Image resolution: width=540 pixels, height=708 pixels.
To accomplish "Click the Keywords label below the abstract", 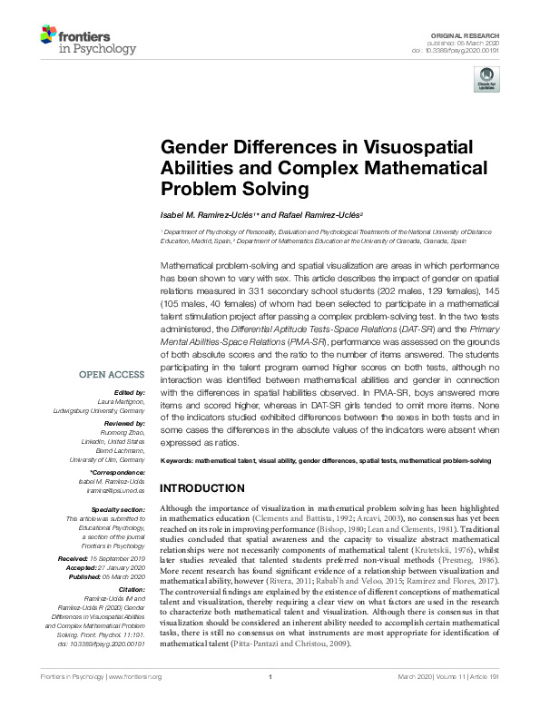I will pos(181,462).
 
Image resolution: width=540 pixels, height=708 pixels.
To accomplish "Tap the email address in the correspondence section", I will pos(119,513).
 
